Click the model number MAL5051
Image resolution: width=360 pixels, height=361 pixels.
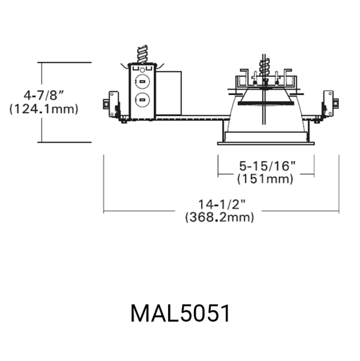(x=180, y=313)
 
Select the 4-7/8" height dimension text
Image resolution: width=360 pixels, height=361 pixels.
(x=44, y=95)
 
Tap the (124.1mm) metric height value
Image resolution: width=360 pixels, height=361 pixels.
(x=44, y=109)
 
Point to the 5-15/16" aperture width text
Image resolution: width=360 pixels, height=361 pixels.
(x=267, y=166)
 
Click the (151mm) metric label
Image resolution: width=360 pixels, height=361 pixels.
(x=265, y=179)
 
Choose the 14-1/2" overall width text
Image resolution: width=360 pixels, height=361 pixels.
(x=222, y=204)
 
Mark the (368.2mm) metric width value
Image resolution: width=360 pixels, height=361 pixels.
(x=220, y=217)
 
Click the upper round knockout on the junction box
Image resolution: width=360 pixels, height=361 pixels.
(x=142, y=81)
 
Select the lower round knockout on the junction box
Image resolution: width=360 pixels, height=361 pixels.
(x=142, y=100)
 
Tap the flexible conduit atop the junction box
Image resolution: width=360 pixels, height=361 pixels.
(x=142, y=54)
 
